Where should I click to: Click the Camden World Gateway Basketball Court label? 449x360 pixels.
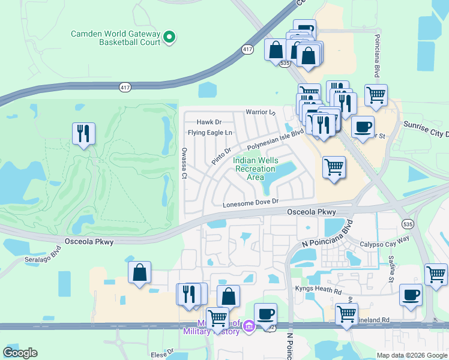(115, 38)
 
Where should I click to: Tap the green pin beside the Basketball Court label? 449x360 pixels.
(170, 38)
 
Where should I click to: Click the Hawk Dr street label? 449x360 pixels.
(209, 122)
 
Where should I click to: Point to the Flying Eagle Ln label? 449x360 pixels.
(209, 133)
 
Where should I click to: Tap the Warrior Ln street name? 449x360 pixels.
(260, 112)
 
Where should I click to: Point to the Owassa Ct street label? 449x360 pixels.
(184, 163)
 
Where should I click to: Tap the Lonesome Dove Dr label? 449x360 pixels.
(251, 203)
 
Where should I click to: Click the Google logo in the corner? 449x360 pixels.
(20, 353)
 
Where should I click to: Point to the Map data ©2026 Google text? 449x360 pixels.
(411, 355)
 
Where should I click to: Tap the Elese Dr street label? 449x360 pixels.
(162, 352)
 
